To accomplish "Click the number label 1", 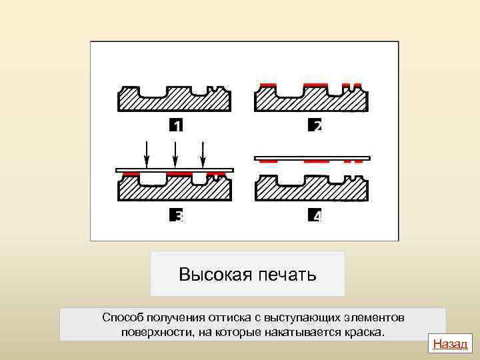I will [176, 125].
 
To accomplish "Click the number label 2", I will [315, 125].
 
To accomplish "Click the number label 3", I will [176, 216].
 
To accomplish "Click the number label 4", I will [315, 216].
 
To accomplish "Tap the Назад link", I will [451, 344].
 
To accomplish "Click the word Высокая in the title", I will [213, 275].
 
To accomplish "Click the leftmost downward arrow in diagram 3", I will [147, 155].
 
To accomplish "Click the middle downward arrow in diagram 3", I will [175, 155].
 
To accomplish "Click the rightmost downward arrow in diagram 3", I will [203, 155].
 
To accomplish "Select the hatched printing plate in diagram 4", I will [312, 190].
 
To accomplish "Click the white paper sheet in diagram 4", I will [312, 158].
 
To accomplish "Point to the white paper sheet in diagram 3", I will [175, 170].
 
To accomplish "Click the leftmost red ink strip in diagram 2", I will [268, 85].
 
